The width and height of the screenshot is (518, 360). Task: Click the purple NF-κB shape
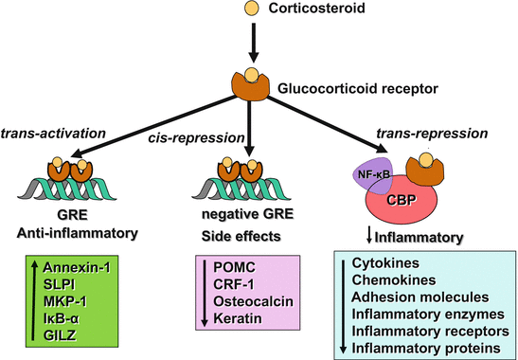[368, 175]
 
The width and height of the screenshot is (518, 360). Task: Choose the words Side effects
[241, 232]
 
